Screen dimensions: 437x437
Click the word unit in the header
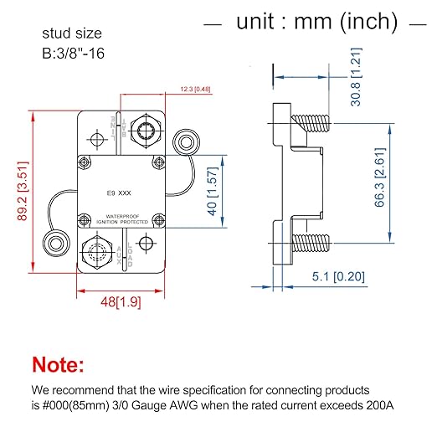click(x=256, y=22)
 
